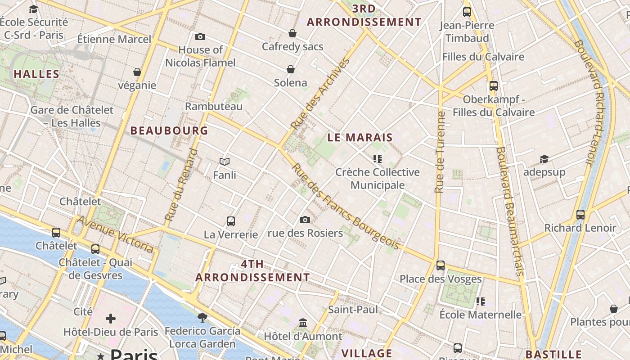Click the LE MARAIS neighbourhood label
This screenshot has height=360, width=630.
pos(360,138)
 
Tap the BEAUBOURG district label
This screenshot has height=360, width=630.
pos(169,131)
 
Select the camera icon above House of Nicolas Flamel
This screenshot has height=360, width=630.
pos(200,36)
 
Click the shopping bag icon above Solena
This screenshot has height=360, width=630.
pos(291,69)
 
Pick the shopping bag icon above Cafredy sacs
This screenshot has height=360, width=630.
pos(292,33)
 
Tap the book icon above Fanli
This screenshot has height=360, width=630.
pos(225,162)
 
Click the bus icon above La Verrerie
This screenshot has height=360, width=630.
pos(231,221)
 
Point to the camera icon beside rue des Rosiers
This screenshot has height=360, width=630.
pos(305,220)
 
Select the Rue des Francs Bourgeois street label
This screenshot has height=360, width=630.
pos(345,207)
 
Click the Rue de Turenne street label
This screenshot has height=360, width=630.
pos(440,152)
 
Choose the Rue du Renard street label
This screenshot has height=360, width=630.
pos(181,185)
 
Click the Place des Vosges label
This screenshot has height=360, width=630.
pos(441,279)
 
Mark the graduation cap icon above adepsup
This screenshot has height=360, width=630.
pos(544,159)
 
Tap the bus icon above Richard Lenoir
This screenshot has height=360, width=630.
pos(580,214)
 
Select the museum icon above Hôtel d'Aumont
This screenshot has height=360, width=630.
pos(303,323)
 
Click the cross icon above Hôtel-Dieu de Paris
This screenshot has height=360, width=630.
pos(111,319)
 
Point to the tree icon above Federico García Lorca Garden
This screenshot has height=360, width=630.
pos(202,318)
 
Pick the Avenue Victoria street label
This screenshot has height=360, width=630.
pos(116,234)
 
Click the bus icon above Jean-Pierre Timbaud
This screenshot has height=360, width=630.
pos(467,12)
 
